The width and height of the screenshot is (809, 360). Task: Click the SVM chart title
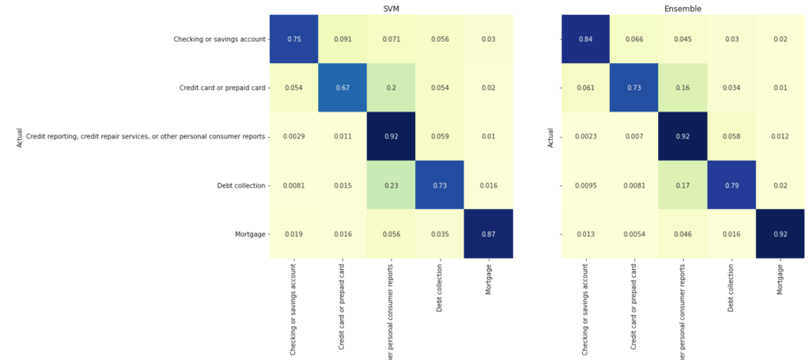tap(391, 9)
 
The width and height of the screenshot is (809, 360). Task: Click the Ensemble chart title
tap(683, 9)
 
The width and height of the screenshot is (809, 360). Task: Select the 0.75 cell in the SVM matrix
tap(293, 39)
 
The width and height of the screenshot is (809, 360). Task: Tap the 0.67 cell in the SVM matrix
tap(342, 87)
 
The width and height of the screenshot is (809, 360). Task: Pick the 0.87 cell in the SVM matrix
tap(488, 233)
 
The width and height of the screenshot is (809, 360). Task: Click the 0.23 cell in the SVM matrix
tap(391, 185)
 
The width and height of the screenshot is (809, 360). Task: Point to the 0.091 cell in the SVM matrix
tap(342, 39)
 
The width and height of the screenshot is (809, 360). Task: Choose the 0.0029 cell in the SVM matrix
tap(293, 136)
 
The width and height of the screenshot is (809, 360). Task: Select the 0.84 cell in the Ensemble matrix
tap(586, 39)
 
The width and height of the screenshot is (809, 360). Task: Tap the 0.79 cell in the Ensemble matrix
tap(732, 185)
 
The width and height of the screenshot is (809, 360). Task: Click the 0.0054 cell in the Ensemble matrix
tap(635, 233)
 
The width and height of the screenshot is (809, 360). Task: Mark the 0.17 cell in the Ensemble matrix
tap(683, 185)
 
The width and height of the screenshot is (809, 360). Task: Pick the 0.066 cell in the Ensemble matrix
tap(635, 39)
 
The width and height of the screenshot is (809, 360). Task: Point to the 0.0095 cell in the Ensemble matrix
tap(586, 185)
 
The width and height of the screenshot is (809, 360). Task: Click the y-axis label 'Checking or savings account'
tap(218, 39)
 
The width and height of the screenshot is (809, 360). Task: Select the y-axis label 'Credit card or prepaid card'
tap(220, 87)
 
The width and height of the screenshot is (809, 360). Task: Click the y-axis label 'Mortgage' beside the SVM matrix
tap(248, 234)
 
